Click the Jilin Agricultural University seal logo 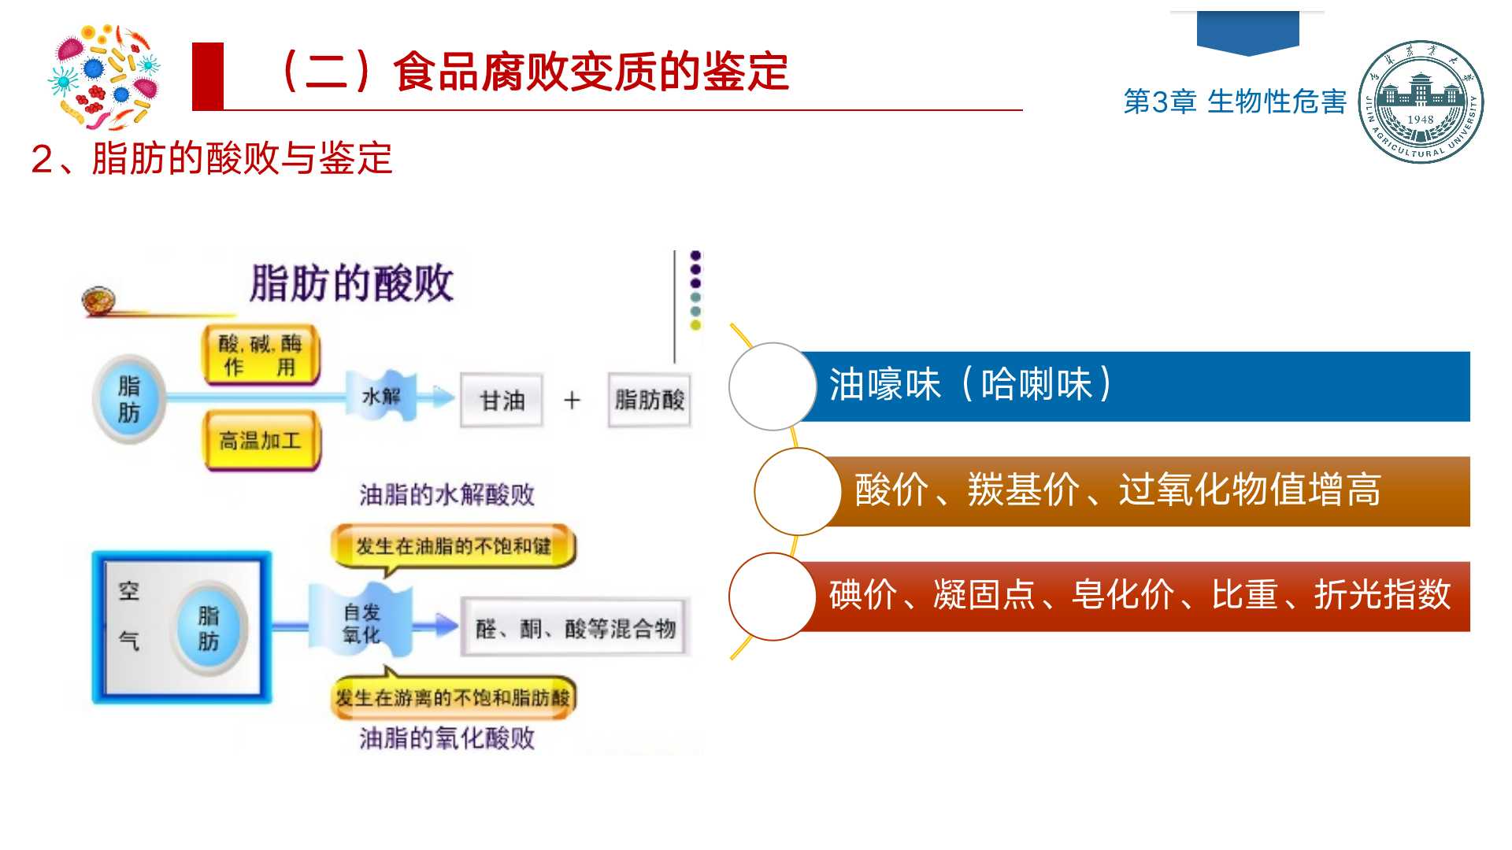pyautogui.click(x=1421, y=102)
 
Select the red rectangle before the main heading pyautogui.click(x=208, y=76)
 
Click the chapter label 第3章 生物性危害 pyautogui.click(x=1234, y=102)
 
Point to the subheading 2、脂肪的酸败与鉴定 pyautogui.click(x=211, y=158)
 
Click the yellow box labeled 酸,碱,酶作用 pyautogui.click(x=261, y=355)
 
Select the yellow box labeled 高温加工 pyautogui.click(x=261, y=441)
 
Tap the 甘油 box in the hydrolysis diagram pyautogui.click(x=502, y=401)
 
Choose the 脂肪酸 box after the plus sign pyautogui.click(x=649, y=400)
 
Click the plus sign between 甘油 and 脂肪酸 pyautogui.click(x=572, y=401)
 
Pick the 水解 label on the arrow pyautogui.click(x=381, y=396)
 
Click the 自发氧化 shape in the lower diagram pyautogui.click(x=361, y=623)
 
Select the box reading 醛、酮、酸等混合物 pyautogui.click(x=575, y=628)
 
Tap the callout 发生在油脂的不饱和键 pyautogui.click(x=453, y=546)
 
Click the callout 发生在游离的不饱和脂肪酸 pyautogui.click(x=453, y=697)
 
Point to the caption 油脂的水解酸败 pyautogui.click(x=447, y=494)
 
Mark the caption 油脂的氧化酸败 pyautogui.click(x=447, y=737)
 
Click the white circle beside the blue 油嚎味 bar pyautogui.click(x=772, y=386)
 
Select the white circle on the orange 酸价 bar pyautogui.click(x=797, y=491)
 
